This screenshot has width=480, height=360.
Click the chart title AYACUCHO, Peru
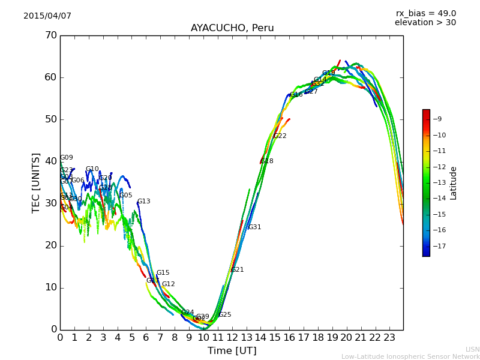pyautogui.click(x=232, y=28)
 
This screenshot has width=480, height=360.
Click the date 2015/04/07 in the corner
pyautogui.click(x=47, y=16)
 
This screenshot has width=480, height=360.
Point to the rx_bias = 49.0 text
pyautogui.click(x=425, y=14)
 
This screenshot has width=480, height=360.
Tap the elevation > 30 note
pyautogui.click(x=425, y=23)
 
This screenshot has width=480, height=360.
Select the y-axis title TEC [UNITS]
pyautogui.click(x=36, y=182)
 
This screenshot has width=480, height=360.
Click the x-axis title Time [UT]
pyautogui.click(x=232, y=351)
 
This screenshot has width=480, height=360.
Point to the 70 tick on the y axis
pyautogui.click(x=51, y=35)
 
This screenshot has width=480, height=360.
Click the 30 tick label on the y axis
pyautogui.click(x=51, y=203)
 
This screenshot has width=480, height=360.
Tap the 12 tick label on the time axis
pyautogui.click(x=232, y=337)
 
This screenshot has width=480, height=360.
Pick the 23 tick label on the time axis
pyautogui.click(x=389, y=337)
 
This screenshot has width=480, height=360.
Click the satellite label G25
pyautogui.click(x=224, y=315)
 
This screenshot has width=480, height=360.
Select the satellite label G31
pyautogui.click(x=254, y=227)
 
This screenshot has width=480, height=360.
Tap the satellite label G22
pyautogui.click(x=280, y=136)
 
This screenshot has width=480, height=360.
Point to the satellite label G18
pyautogui.click(x=266, y=161)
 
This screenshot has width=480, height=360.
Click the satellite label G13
pyautogui.click(x=144, y=202)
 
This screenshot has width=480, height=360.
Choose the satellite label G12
pyautogui.click(x=169, y=284)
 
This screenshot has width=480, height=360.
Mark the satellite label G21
pyautogui.click(x=237, y=270)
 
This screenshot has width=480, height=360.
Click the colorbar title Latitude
pyautogui.click(x=454, y=183)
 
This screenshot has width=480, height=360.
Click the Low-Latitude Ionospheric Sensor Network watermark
pyautogui.click(x=410, y=357)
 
